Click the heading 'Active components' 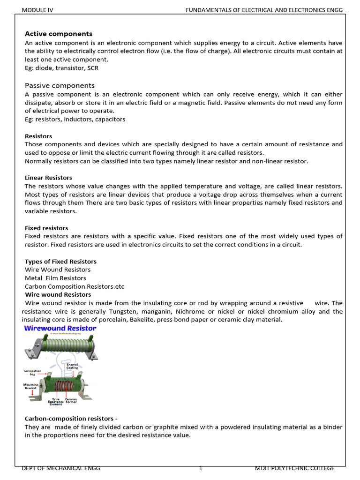point(59,34)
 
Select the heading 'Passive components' point(60,85)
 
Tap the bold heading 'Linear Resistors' point(48,178)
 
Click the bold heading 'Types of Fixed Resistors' point(60,262)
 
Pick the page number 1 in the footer point(200,468)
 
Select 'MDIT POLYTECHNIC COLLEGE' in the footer point(294,468)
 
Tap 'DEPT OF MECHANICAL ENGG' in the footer point(61,468)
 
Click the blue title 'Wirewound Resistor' point(60,329)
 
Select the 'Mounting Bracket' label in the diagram point(30,387)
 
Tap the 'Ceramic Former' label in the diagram point(71,401)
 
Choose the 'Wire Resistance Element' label point(56,402)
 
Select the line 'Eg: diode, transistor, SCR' point(61,68)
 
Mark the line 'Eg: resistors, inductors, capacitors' point(75,119)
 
